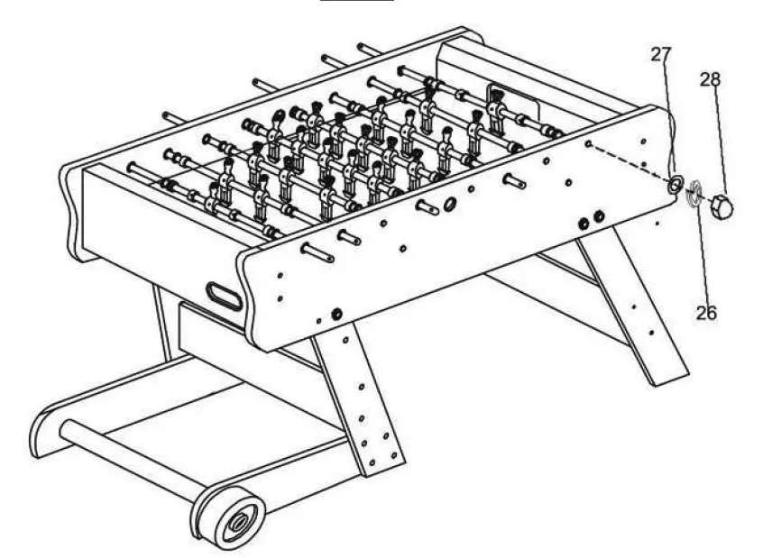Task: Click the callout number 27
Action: [x=661, y=54]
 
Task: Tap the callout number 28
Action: [x=711, y=79]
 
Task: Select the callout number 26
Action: [x=706, y=314]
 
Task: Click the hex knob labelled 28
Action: [x=721, y=207]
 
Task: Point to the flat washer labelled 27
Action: [x=673, y=185]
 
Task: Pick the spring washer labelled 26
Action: [x=695, y=194]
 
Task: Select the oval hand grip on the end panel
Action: [x=224, y=296]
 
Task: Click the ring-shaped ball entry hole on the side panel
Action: [x=450, y=204]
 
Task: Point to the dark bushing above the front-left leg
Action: [x=336, y=314]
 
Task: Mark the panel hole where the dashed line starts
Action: [x=587, y=143]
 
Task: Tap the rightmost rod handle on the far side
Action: [x=369, y=47]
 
